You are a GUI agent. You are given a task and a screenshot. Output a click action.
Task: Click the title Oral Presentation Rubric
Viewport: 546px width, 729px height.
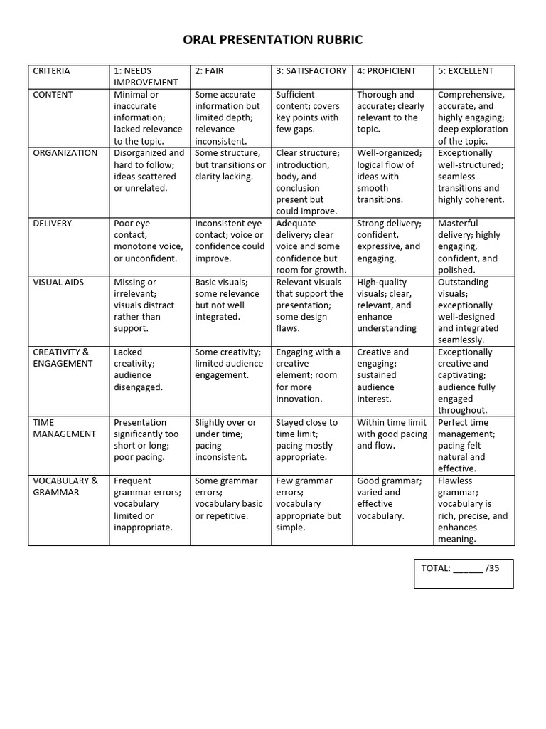click(272, 40)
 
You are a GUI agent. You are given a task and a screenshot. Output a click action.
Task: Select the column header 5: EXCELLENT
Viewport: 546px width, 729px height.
click(465, 71)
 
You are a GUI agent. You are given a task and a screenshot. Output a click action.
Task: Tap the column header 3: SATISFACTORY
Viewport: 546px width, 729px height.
click(311, 71)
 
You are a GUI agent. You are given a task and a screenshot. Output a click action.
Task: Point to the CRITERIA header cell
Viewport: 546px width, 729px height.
click(52, 71)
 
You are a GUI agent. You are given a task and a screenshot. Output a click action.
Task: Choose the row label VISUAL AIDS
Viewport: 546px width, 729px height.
click(58, 283)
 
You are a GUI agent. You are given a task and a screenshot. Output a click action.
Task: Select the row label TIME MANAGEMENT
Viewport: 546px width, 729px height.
click(64, 428)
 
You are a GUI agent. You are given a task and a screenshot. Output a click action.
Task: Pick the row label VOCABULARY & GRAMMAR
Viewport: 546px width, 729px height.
click(65, 486)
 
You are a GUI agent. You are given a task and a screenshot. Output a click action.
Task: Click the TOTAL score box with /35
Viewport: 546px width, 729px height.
click(464, 573)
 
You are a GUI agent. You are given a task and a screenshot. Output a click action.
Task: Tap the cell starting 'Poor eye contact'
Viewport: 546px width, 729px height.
click(149, 241)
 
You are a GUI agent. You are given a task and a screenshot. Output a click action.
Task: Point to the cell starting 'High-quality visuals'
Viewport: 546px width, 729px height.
click(392, 305)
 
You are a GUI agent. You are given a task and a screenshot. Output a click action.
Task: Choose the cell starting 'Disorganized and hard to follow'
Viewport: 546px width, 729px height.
click(149, 171)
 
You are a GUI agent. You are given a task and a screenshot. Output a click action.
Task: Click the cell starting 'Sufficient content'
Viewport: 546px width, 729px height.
click(311, 112)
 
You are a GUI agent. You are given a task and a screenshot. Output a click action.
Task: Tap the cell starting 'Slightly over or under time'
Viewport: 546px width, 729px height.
click(230, 439)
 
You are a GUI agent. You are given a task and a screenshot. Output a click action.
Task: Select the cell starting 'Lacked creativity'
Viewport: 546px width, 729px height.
click(149, 369)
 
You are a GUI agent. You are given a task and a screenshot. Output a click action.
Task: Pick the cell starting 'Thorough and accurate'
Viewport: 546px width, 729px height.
click(392, 112)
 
